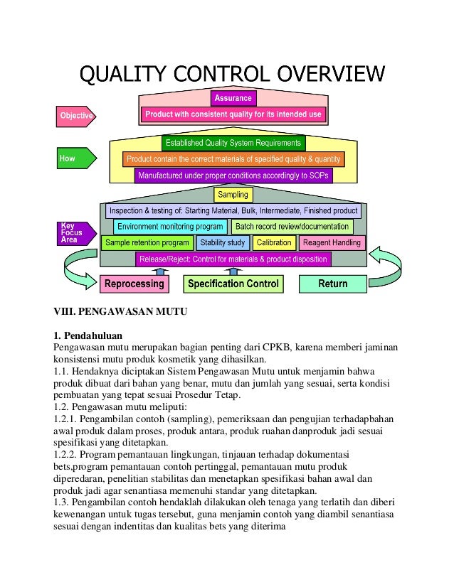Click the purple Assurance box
coord(233,98)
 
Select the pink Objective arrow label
coord(75,115)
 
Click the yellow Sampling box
coord(233,195)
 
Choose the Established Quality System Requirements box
coord(233,144)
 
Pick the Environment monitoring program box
coord(170,227)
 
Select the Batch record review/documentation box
coord(292,227)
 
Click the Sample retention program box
coord(147,243)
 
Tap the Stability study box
coord(222,243)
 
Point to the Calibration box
coord(274,243)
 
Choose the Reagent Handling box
coord(332,243)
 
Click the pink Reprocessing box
coord(134,284)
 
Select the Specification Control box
coord(233,284)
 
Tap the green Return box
coord(332,284)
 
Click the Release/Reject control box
coord(233,259)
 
